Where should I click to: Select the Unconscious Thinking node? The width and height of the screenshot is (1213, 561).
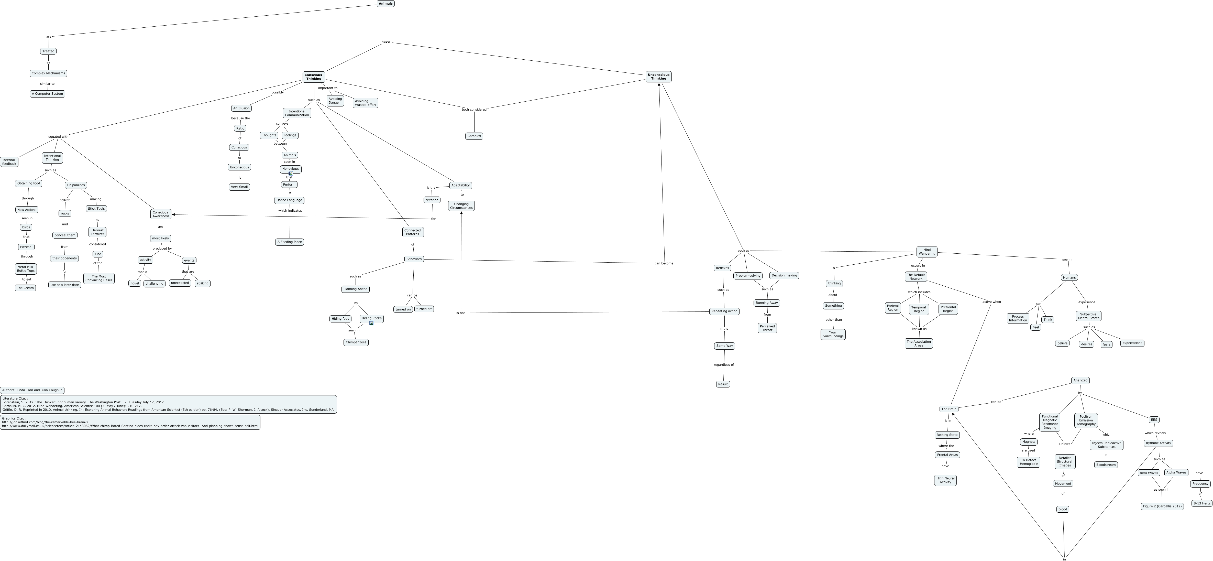(658, 77)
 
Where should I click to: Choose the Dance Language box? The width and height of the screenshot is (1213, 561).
(289, 200)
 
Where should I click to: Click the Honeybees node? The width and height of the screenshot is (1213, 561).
(291, 169)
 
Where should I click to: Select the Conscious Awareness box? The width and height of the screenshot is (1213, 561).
(161, 214)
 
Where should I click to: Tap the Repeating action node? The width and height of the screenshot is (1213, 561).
(724, 311)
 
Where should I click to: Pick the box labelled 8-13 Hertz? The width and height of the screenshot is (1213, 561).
(1201, 503)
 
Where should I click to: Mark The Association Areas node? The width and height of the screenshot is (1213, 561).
(918, 343)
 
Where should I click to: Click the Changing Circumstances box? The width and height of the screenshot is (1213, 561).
(461, 206)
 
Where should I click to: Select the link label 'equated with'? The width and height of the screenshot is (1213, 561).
(58, 137)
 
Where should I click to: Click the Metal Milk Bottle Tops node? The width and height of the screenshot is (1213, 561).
(25, 269)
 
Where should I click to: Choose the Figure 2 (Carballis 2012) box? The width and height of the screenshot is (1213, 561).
(1162, 506)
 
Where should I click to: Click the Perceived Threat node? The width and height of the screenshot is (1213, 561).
(767, 328)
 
